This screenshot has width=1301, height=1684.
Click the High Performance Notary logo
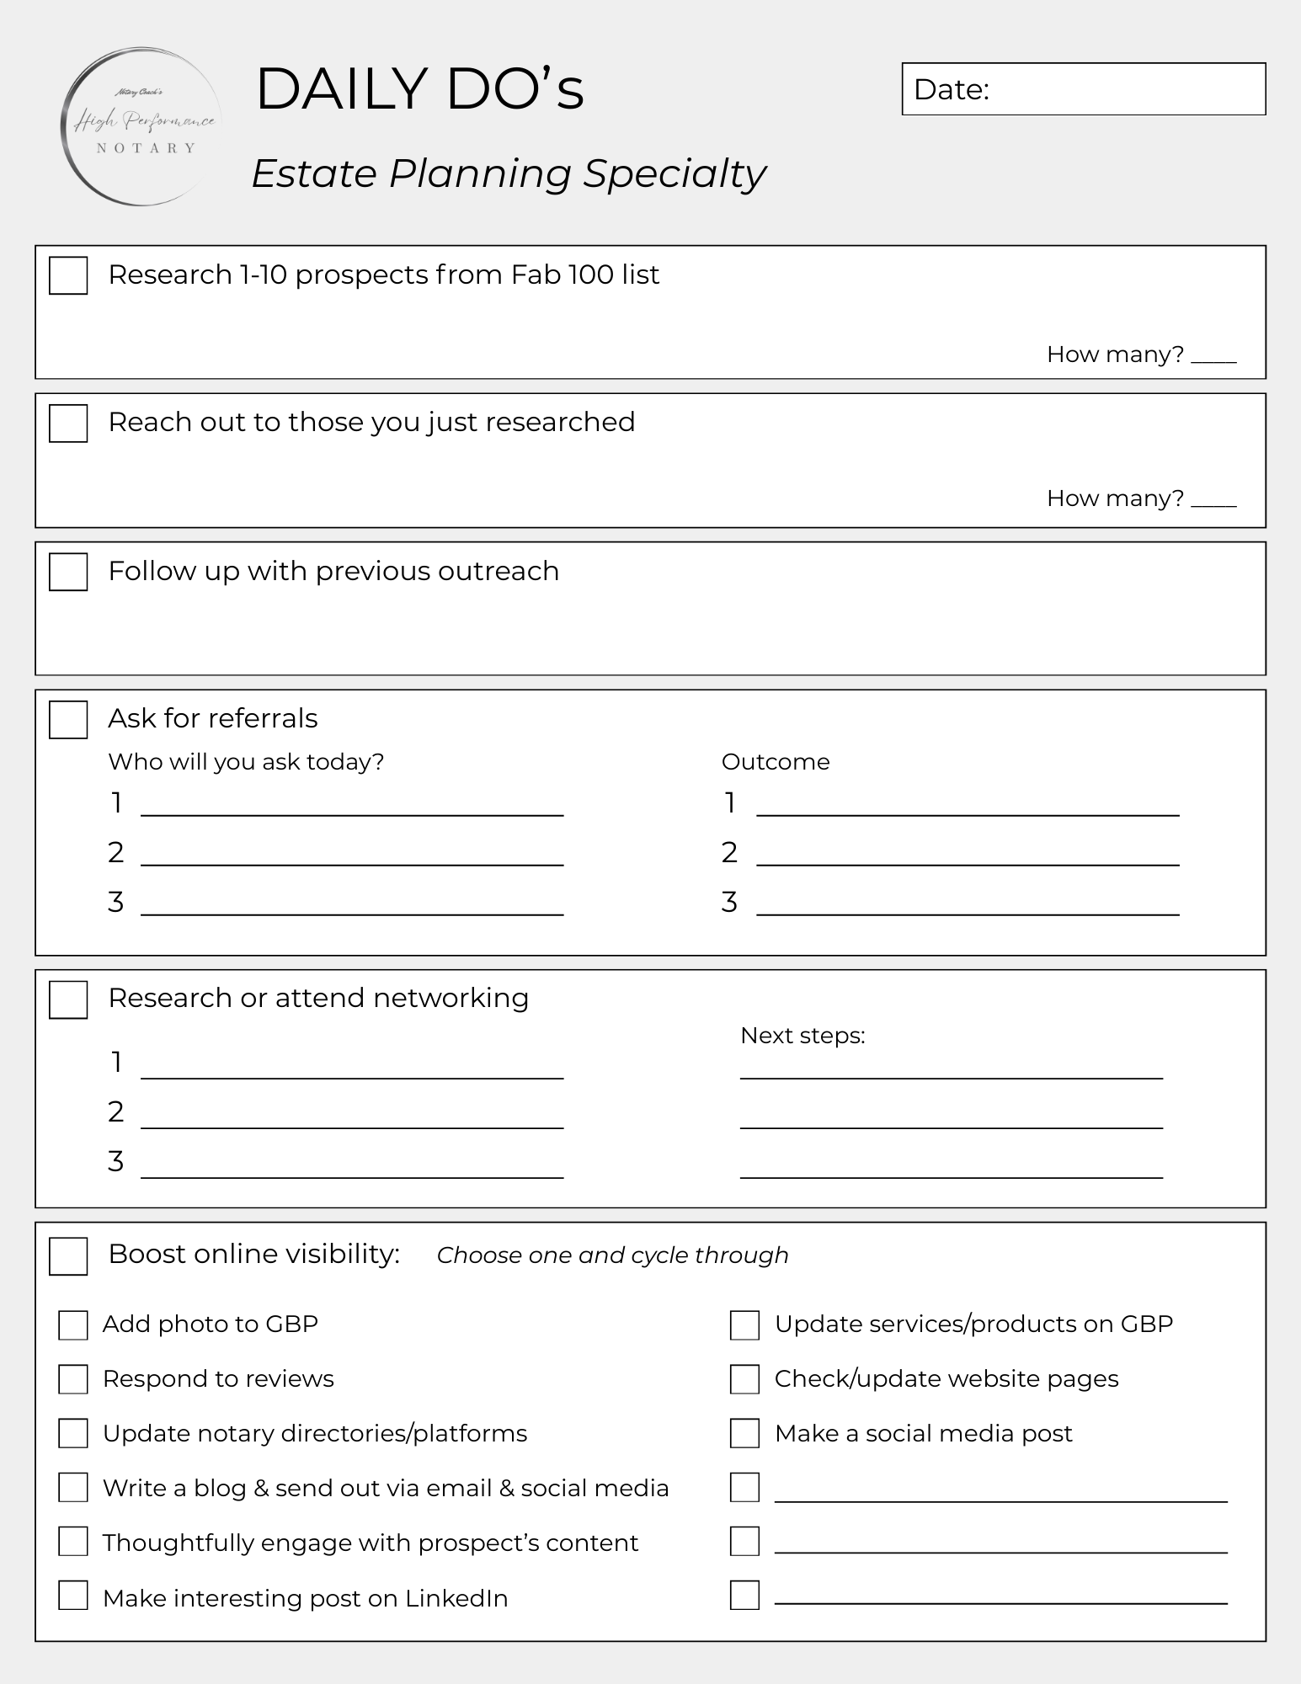(x=141, y=127)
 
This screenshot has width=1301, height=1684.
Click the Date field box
(x=1083, y=89)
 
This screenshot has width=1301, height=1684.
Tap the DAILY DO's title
(x=419, y=89)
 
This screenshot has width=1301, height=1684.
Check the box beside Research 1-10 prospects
(x=68, y=275)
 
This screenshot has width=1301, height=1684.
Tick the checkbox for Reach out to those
(x=68, y=423)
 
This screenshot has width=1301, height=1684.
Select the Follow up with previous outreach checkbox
(x=68, y=572)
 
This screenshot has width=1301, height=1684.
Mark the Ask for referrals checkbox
(x=68, y=719)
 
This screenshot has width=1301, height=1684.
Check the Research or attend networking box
(x=68, y=999)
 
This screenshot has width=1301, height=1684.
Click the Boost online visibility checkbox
(x=68, y=1255)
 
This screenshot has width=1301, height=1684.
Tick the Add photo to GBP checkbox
(x=73, y=1324)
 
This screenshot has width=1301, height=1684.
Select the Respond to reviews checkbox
(x=73, y=1379)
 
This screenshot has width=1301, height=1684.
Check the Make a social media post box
(x=744, y=1433)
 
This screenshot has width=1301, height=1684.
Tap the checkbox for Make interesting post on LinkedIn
(x=73, y=1595)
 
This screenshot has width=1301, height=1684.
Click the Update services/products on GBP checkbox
(x=744, y=1324)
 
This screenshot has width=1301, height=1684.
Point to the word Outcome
(x=775, y=762)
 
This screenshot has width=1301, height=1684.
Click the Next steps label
(x=802, y=1036)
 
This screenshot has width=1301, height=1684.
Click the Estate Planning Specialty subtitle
(x=508, y=173)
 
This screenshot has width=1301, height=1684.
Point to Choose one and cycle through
(x=612, y=1255)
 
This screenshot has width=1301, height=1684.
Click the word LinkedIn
(x=456, y=1598)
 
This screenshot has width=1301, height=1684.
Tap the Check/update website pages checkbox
(x=744, y=1379)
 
